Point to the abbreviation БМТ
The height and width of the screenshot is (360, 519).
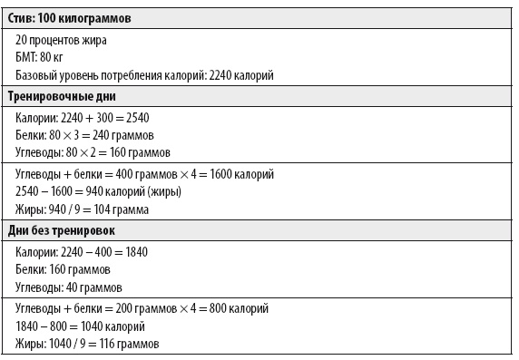coord(27,57)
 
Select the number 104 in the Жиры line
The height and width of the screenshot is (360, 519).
coord(93,209)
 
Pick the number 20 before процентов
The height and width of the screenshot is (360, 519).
coord(23,40)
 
